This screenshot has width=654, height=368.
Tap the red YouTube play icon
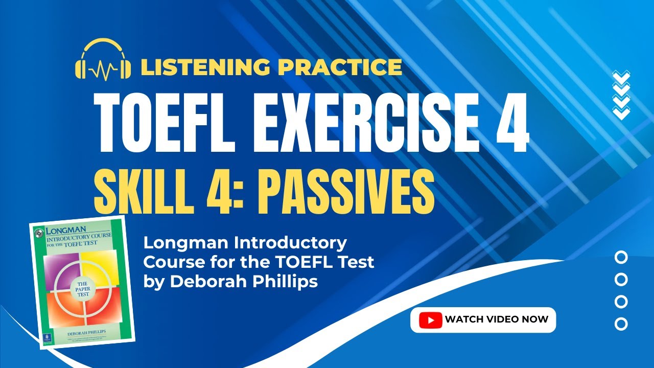[430, 320]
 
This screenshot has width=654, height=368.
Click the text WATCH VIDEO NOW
[496, 319]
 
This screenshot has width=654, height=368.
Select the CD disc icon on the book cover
[37, 234]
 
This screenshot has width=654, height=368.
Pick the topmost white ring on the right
[621, 257]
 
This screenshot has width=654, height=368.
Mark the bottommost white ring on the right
[621, 324]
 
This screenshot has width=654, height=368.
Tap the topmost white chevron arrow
[621, 76]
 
